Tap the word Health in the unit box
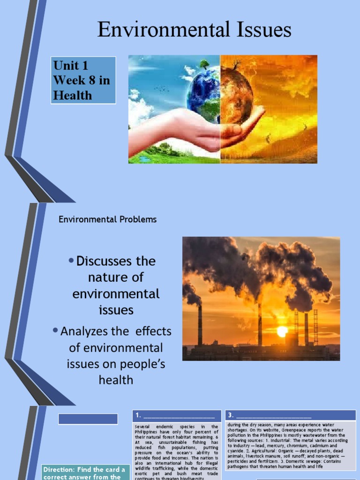tap(72, 95)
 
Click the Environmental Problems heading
tap(107, 219)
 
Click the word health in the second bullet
tap(116, 380)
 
